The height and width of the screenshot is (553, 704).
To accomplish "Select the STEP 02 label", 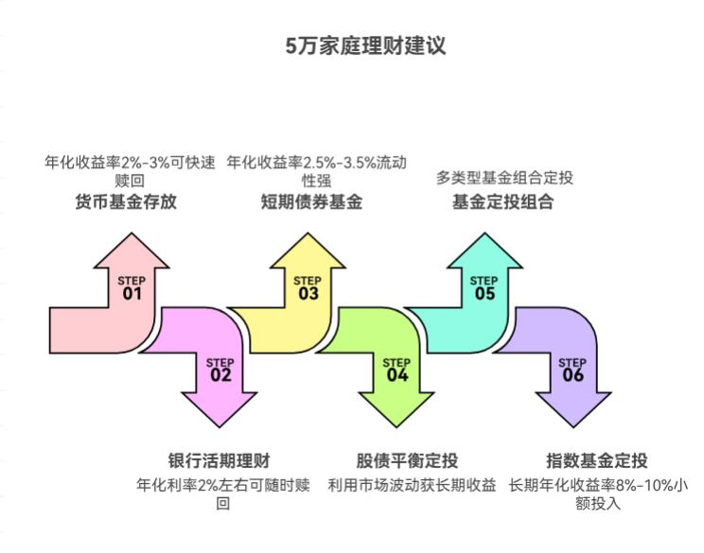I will (220, 370).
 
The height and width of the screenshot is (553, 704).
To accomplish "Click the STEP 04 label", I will (396, 370).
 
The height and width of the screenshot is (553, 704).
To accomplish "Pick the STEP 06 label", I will (572, 370).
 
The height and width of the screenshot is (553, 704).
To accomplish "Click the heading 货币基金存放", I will (126, 202).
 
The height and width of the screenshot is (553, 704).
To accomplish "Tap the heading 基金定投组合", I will (502, 202).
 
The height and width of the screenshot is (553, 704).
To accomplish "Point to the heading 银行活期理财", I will (219, 462).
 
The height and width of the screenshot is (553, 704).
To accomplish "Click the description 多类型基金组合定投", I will (504, 178).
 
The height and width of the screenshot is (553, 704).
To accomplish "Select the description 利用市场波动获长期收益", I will (412, 486).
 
